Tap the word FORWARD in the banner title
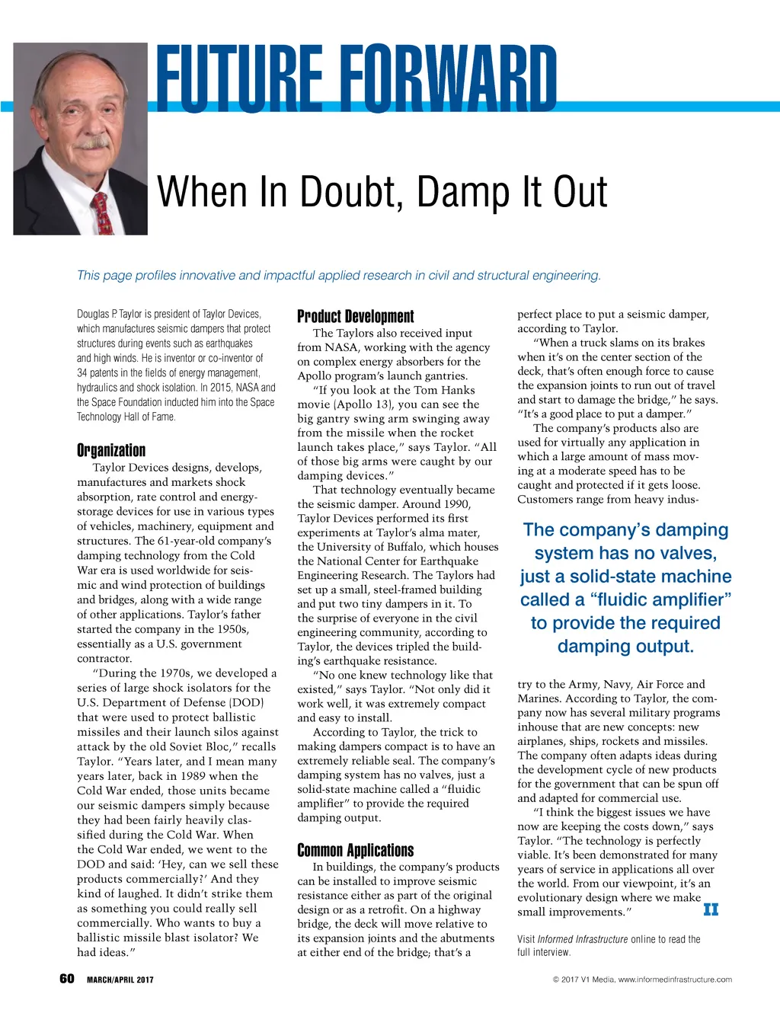tap(449, 78)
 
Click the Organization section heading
tap(111, 450)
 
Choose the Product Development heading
tap(355, 317)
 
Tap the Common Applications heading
tap(355, 851)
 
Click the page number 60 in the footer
tap(67, 979)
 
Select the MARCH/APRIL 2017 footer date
tap(120, 979)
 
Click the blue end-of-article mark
tap(711, 909)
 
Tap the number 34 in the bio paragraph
tap(82, 372)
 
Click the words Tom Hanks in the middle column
tap(445, 390)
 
